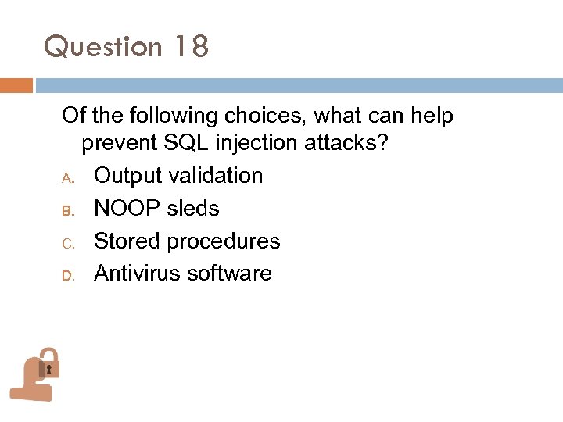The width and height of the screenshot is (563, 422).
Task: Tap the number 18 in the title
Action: pos(191,47)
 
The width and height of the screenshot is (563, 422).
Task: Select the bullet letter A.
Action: pos(67,177)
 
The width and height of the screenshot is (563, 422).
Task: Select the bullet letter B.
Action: pos(67,209)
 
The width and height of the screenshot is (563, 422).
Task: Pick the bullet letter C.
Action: pos(67,242)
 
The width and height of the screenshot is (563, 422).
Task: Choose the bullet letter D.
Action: pos(67,275)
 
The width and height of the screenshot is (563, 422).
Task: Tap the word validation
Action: pos(218,176)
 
